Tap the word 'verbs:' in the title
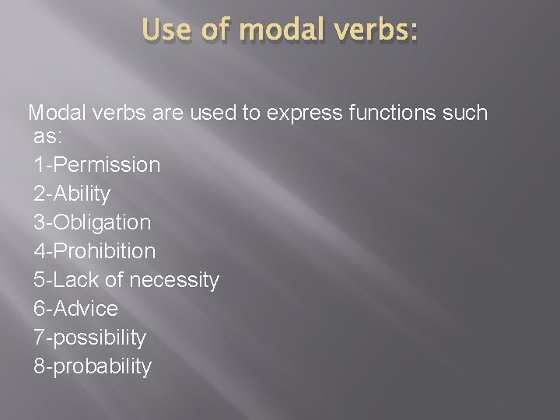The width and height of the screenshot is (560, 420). tap(378, 31)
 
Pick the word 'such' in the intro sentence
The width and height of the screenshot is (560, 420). tap(465, 114)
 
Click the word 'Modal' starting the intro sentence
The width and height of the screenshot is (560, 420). tap(58, 114)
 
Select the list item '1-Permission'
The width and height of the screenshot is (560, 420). tap(97, 165)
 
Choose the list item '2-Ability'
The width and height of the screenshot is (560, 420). tap(72, 194)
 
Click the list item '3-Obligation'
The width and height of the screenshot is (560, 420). tap(93, 222)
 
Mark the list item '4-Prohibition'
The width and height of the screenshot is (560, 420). tap(95, 251)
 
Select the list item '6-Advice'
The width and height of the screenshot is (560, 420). tap(76, 309)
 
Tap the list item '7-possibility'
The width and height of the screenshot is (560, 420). tap(90, 338)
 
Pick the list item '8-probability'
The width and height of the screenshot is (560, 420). tap(93, 366)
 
